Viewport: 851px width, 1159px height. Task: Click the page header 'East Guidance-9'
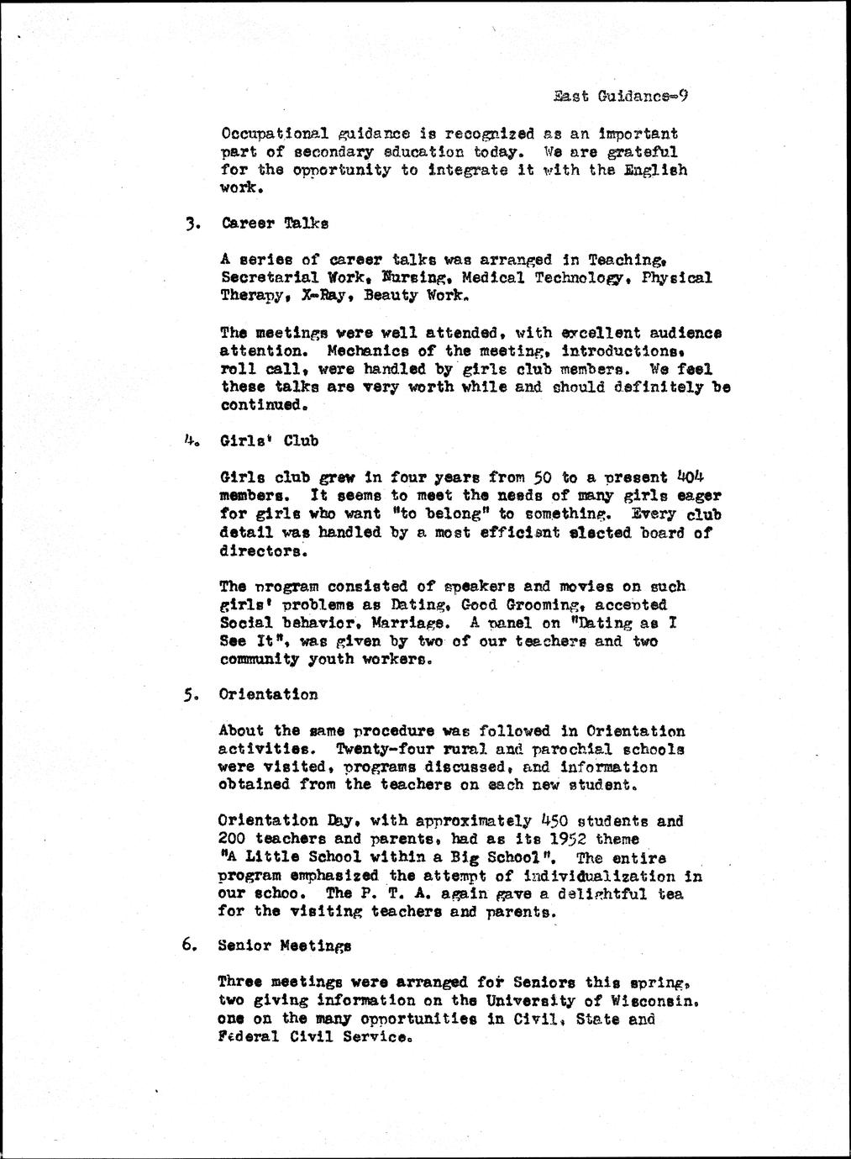pos(621,97)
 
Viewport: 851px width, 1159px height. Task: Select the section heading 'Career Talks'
pos(275,224)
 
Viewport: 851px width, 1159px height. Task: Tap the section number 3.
pos(192,224)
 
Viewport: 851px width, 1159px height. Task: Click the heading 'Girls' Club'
pos(269,440)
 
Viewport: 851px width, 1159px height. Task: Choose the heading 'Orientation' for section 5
pos(268,695)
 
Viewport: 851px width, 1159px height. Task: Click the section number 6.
pos(190,945)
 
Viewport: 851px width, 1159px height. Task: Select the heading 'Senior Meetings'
pos(284,946)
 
